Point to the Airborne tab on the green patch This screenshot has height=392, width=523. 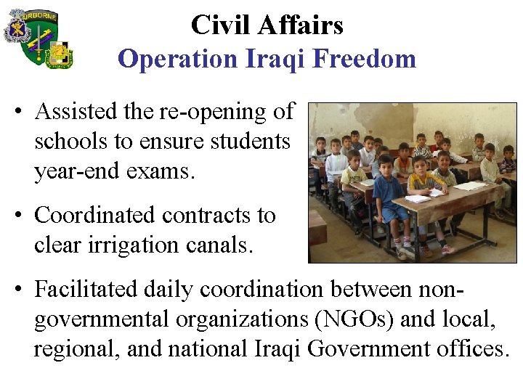pyautogui.click(x=40, y=16)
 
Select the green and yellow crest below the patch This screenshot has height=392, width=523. pyautogui.click(x=59, y=54)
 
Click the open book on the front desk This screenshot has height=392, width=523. pyautogui.click(x=420, y=197)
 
